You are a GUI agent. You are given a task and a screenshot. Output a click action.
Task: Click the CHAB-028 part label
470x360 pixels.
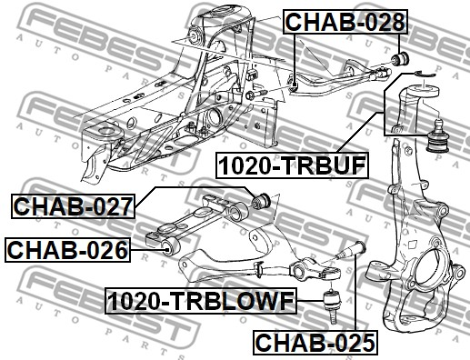coord(345,22)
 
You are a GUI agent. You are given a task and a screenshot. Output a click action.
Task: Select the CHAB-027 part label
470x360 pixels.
coord(73,206)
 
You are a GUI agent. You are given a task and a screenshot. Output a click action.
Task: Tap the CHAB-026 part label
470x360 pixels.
coord(67,250)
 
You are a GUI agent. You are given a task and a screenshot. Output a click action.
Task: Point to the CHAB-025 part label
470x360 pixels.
coord(315,343)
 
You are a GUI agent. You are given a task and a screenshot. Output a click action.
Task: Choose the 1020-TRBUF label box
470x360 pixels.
coord(292,165)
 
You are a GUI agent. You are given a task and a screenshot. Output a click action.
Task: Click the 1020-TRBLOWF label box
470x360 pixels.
coord(201,301)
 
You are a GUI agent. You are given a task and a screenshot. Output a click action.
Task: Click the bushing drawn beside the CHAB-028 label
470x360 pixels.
coord(401,58)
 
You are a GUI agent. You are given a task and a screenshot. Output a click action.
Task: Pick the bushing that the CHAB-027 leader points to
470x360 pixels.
coord(262,200)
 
